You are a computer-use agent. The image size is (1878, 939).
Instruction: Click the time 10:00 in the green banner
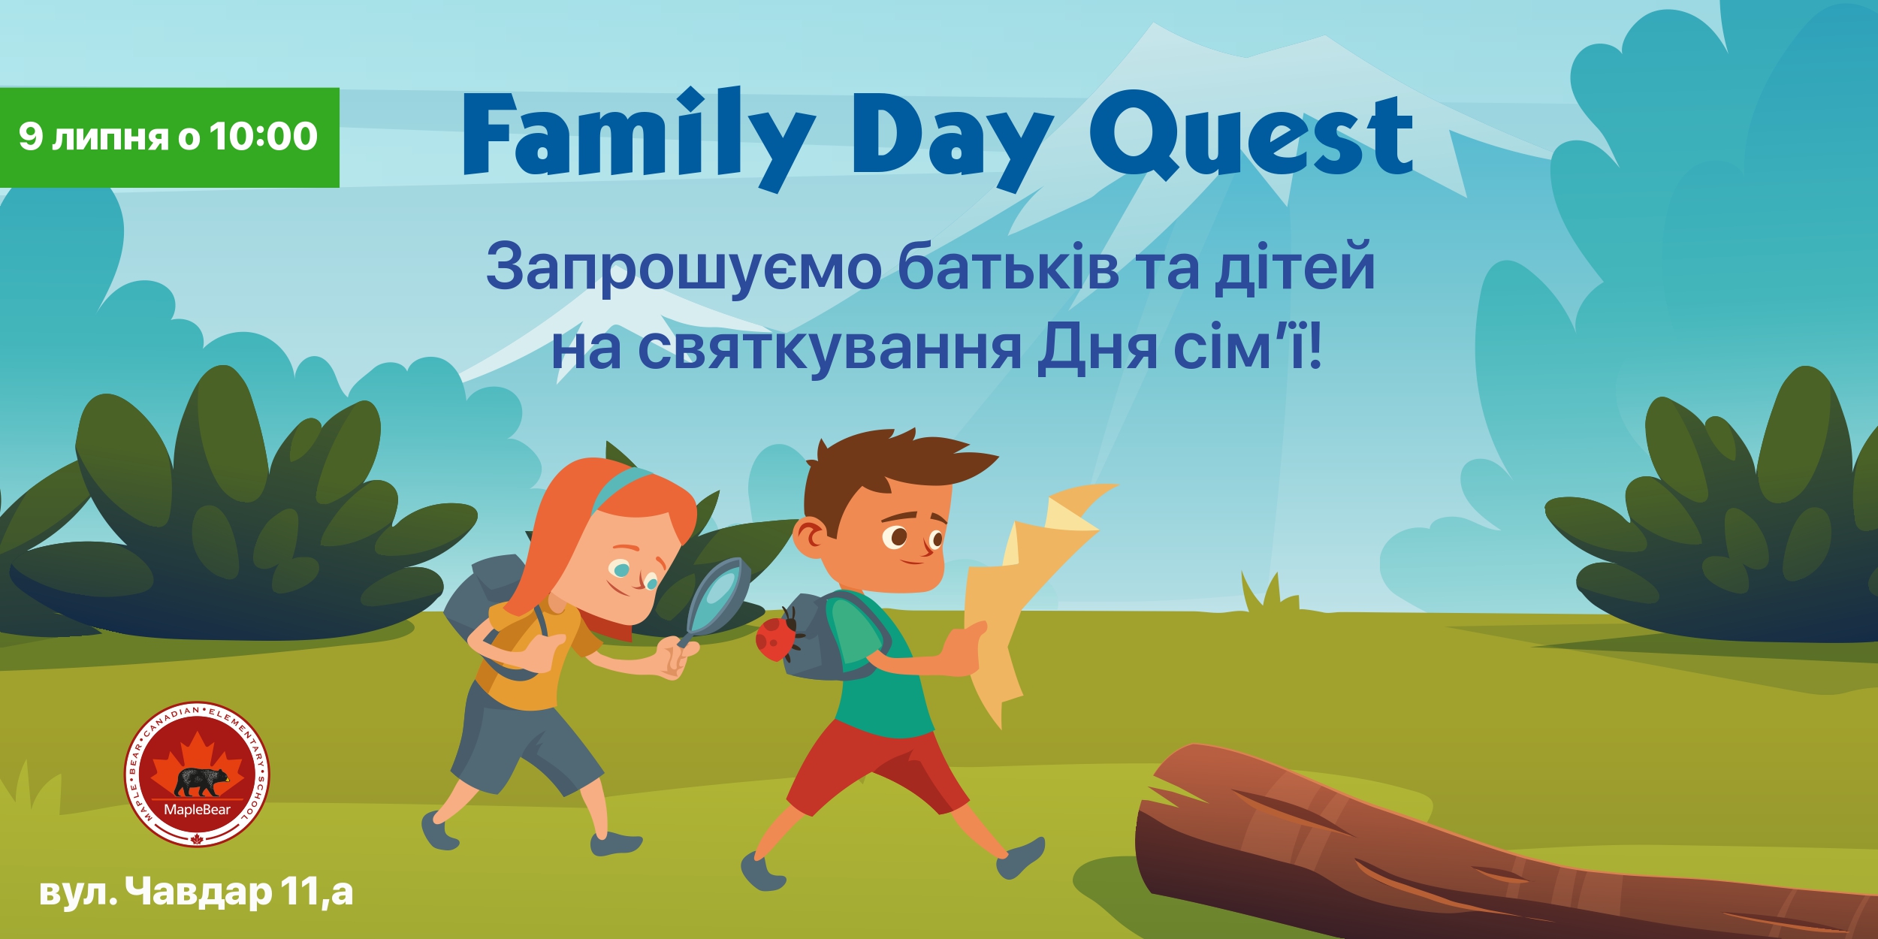(x=263, y=136)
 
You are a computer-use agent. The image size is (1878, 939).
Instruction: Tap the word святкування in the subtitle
(x=830, y=349)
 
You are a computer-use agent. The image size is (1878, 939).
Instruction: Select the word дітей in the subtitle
(x=1295, y=267)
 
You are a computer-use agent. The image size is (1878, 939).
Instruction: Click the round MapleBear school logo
(x=197, y=774)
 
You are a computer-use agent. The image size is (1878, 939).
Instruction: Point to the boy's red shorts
(x=875, y=766)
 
